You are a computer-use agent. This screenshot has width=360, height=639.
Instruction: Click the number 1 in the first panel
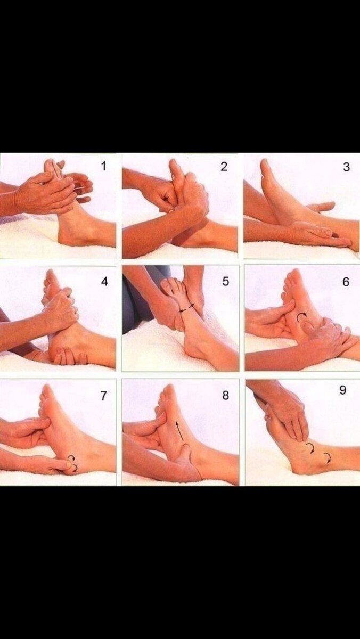point(104,166)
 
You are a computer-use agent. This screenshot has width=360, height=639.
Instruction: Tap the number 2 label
point(224,167)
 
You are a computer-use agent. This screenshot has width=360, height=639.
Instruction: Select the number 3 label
point(346,167)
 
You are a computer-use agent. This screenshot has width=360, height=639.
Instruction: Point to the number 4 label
point(105,282)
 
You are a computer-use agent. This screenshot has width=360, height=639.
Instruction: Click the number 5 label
point(225,282)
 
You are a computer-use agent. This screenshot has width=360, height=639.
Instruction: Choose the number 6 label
point(346,282)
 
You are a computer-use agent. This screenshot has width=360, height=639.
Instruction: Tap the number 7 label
point(103,396)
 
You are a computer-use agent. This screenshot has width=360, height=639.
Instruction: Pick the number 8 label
point(225,395)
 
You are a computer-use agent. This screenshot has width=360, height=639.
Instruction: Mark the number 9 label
point(343,390)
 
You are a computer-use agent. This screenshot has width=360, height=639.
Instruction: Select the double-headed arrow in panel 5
point(187,308)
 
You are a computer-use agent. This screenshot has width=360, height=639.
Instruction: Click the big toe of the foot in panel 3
point(264,165)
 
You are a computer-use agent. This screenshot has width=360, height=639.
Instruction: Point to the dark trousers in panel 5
point(140,299)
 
